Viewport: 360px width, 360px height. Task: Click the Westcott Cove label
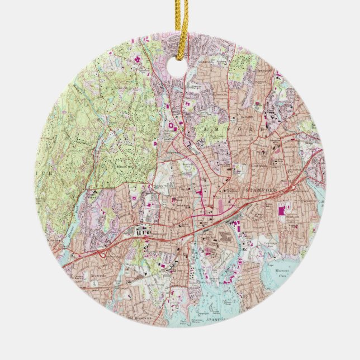(285, 273)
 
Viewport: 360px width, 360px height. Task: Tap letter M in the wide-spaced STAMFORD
(207, 129)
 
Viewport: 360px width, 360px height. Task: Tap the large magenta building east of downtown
(281, 212)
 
